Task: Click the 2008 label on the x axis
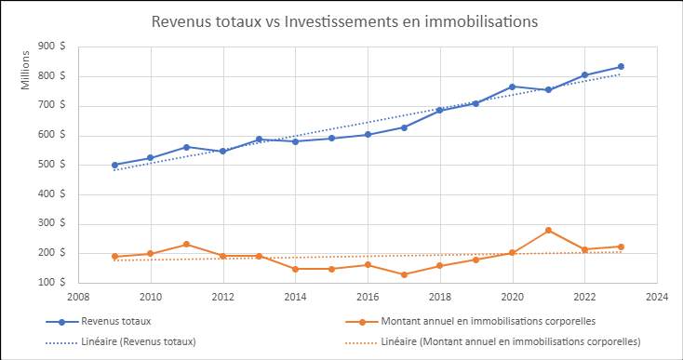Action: (78, 298)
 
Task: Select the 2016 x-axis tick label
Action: (368, 298)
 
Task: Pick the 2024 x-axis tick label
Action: (657, 298)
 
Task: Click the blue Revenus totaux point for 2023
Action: (621, 67)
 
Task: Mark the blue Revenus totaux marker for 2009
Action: (114, 165)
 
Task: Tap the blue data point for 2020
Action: (512, 87)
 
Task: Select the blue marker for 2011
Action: (187, 147)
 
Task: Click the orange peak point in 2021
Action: (548, 230)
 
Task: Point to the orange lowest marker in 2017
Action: (404, 274)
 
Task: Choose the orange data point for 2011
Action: (187, 245)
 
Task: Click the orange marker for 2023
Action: (621, 247)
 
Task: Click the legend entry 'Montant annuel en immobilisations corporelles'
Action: (484, 322)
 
